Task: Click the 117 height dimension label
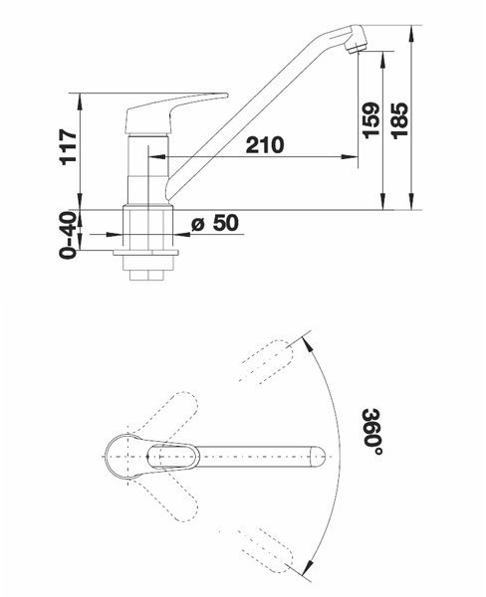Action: (x=69, y=146)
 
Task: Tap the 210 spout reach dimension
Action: (x=265, y=145)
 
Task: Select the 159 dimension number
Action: (x=370, y=120)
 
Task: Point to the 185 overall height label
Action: (x=399, y=120)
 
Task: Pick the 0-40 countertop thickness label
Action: (x=69, y=235)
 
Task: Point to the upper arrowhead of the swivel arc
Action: (x=309, y=342)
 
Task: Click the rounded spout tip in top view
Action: (x=319, y=456)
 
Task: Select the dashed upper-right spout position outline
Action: (x=267, y=360)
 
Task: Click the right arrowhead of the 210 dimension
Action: (x=350, y=156)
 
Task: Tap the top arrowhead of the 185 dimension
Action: (x=411, y=34)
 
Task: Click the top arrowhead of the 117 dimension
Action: (x=80, y=101)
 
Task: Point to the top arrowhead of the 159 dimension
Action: (x=382, y=60)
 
